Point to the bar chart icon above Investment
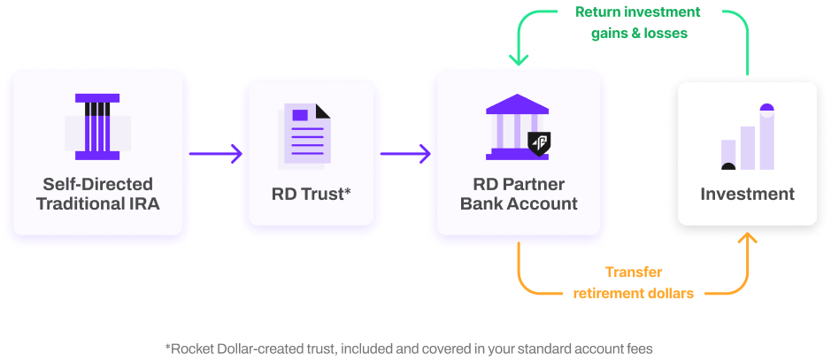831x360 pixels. click(x=748, y=137)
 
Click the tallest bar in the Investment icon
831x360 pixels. click(x=766, y=137)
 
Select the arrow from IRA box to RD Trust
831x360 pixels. click(x=212, y=154)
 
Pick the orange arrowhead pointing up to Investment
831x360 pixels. click(x=749, y=241)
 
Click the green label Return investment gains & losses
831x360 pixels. click(x=637, y=24)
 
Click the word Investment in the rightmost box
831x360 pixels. click(x=748, y=194)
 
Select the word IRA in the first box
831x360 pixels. click(x=144, y=204)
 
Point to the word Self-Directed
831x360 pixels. click(x=97, y=184)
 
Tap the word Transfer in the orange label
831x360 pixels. click(x=634, y=272)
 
